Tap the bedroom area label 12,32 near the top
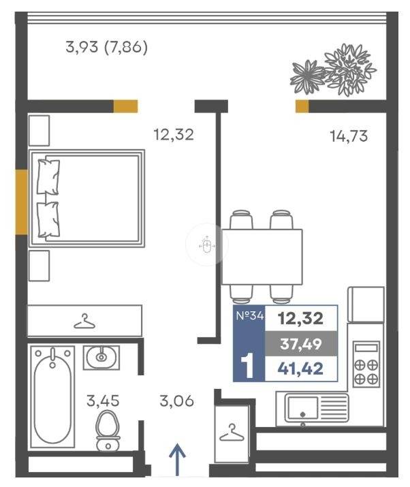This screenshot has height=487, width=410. tap(174, 135)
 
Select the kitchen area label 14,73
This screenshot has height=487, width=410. tap(349, 136)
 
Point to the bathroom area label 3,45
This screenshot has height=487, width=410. tap(103, 400)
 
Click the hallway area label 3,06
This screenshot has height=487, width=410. tap(176, 400)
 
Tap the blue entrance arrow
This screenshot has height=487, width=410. tap(177, 460)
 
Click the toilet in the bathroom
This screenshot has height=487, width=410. tap(108, 430)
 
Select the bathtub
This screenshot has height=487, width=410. tap(52, 396)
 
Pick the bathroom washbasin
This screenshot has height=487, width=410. tap(101, 358)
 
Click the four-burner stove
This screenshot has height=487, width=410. tap(366, 364)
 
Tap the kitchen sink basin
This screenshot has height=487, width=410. tap(303, 408)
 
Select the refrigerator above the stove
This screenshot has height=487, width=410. tap(366, 304)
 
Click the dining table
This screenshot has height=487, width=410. tap(262, 257)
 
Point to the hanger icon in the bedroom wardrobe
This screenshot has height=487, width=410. tap(84, 321)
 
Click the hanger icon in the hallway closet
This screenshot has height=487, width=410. tap(232, 433)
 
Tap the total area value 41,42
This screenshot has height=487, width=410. tap(300, 368)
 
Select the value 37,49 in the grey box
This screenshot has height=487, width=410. tap(300, 344)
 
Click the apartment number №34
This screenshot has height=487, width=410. tap(250, 316)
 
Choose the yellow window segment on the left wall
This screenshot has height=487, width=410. tap(22, 202)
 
